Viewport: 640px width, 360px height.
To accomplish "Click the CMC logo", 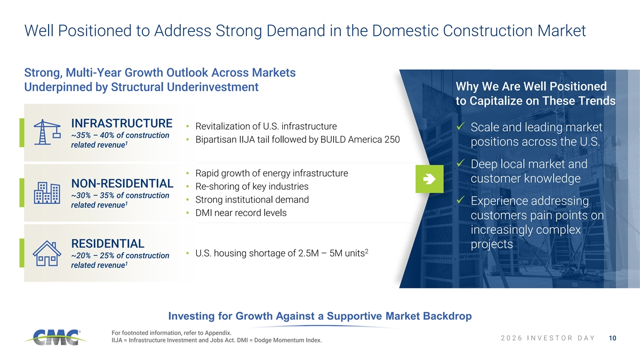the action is (x=55, y=337).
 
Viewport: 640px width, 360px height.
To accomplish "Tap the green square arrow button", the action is (x=429, y=179).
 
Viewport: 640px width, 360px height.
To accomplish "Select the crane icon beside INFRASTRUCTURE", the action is (x=47, y=132).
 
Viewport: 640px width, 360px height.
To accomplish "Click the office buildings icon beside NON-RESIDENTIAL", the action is (x=47, y=193).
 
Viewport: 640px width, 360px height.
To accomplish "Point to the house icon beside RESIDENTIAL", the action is (x=47, y=253).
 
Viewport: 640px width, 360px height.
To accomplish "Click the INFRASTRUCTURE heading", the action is (x=122, y=123).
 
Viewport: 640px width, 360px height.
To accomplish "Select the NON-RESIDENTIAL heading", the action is (x=122, y=183).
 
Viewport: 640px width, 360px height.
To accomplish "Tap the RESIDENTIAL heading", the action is (x=108, y=244).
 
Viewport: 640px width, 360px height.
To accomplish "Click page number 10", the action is (x=613, y=338).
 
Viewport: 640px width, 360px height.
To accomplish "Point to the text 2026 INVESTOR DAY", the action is (x=548, y=338).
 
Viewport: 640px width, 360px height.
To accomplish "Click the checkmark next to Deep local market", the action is (x=461, y=163).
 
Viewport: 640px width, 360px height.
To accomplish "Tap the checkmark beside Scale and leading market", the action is (x=461, y=126).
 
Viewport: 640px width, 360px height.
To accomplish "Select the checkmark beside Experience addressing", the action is (x=461, y=199).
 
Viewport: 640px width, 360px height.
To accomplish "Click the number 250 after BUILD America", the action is (x=392, y=139).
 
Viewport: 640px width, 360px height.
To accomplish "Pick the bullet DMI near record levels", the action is (x=241, y=213).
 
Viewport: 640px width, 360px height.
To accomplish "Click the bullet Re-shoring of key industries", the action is (x=252, y=187).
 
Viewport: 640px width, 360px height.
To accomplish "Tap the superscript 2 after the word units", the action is (x=366, y=251).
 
